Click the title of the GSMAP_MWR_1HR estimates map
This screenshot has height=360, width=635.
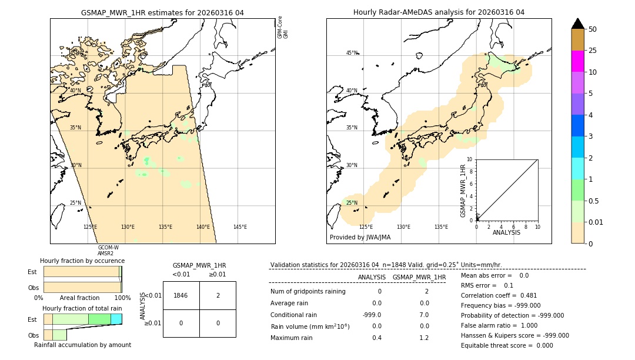coord(162,12)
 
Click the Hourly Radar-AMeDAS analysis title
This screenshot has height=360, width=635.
coord(439,12)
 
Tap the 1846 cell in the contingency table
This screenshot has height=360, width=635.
coord(181,295)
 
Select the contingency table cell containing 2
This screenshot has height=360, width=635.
coord(218,295)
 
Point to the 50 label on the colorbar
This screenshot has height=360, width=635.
coord(593,29)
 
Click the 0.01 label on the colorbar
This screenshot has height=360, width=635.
coord(596,222)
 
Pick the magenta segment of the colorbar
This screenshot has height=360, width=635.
coord(577,61)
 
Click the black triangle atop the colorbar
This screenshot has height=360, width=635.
coord(577,24)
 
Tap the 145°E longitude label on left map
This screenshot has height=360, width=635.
coord(240,227)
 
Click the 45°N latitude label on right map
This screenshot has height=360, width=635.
coord(352,53)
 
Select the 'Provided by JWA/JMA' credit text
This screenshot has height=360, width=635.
coord(360,238)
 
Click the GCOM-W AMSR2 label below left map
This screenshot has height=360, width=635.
coord(108,251)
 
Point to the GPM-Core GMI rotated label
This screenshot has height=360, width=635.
coord(283,28)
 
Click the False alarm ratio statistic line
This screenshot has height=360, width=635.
coord(503,325)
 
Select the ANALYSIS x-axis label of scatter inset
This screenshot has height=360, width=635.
coord(506,232)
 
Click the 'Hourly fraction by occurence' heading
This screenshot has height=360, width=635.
coord(82,261)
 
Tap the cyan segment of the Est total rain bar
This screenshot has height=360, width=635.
coord(116,319)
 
